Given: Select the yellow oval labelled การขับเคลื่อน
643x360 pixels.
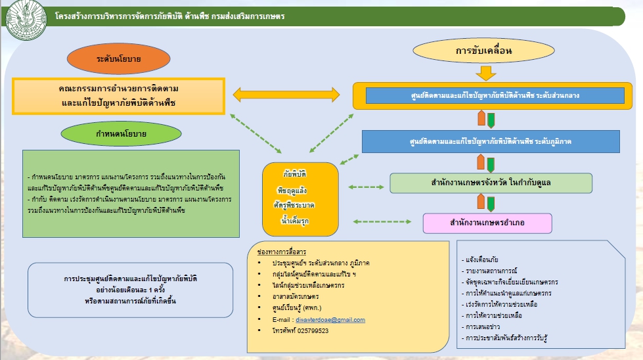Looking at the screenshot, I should [x=483, y=50].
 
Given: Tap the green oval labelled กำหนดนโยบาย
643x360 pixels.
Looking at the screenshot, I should [x=121, y=133].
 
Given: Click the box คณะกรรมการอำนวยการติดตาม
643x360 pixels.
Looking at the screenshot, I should [x=118, y=95].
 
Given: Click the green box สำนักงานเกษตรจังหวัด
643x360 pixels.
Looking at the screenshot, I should [x=491, y=183].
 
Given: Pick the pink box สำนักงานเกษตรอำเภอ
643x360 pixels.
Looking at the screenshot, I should [x=487, y=223].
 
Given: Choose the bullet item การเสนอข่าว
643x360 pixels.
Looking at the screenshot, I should [x=485, y=326].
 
